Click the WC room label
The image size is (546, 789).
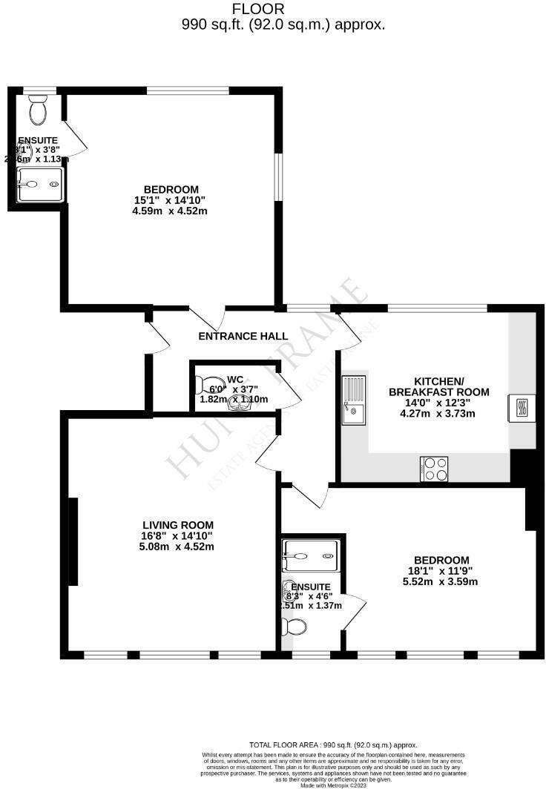(234, 378)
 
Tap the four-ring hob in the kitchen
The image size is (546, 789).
(434, 469)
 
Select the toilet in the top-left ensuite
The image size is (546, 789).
(37, 110)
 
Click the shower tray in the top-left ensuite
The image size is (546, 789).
(39, 183)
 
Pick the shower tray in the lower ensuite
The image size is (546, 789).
(310, 550)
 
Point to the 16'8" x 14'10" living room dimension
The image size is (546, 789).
(178, 536)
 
